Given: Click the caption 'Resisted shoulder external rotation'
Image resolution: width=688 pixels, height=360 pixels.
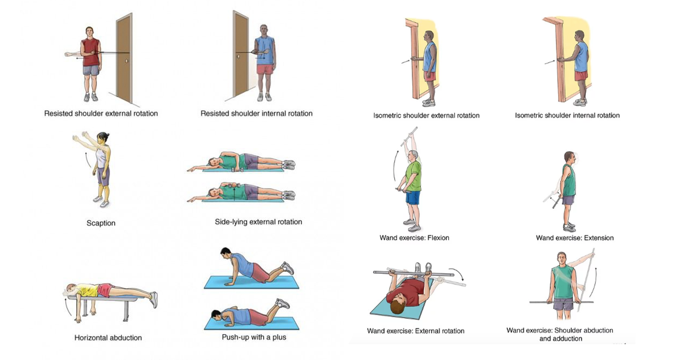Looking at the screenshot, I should pos(101,114).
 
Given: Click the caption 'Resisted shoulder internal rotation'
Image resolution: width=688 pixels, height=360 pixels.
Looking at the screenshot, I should pos(257,114).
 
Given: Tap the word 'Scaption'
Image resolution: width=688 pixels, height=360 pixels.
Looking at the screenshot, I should pos(101,223).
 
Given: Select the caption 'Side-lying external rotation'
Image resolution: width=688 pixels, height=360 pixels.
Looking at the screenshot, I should pos(258,222).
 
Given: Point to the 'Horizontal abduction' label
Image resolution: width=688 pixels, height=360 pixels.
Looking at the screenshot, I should pos(108,337).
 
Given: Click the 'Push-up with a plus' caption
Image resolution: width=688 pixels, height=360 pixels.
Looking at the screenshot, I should pos(254,337).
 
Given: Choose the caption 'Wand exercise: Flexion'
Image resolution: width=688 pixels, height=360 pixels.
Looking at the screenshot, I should pos(414,238).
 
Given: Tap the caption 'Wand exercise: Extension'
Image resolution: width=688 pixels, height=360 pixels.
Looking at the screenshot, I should pos(574,238).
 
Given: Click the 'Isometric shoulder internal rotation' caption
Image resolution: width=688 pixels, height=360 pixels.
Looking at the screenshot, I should pos(567,116).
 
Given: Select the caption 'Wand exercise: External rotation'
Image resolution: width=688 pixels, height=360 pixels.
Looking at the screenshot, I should pos(416,331).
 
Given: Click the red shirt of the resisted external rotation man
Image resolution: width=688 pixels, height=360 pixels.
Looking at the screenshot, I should pos(90,53).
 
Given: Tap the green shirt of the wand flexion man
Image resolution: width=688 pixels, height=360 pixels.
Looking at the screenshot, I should pos(413,176).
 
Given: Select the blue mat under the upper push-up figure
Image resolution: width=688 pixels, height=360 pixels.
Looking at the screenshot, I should pos(251,282).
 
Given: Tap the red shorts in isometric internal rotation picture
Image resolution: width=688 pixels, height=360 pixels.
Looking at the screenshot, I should pos(581,76).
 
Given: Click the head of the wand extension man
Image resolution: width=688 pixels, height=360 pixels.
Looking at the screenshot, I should pos(569,157).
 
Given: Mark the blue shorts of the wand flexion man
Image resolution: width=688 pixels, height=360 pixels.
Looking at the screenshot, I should pos(412,197).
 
